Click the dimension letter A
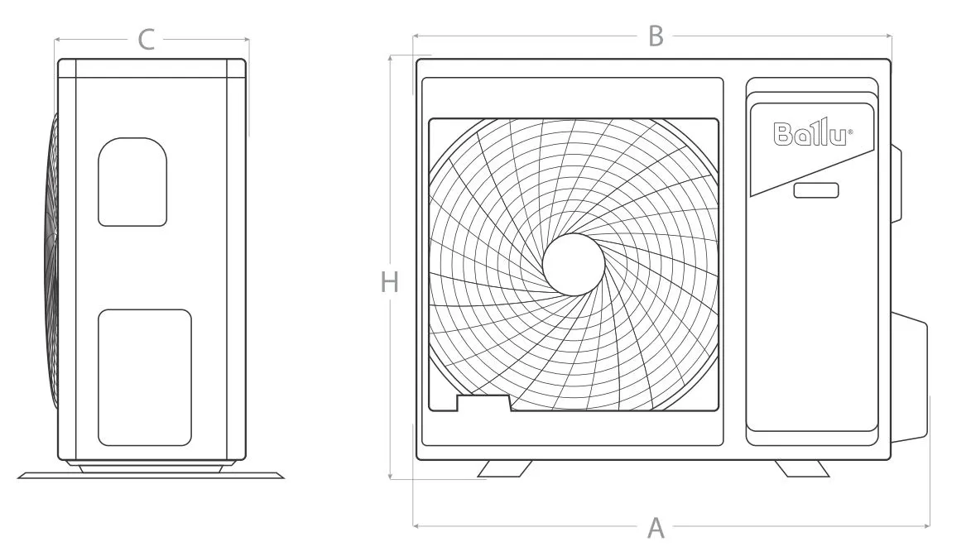click(656, 528)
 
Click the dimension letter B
click(656, 36)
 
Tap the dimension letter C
click(147, 41)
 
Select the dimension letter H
click(389, 282)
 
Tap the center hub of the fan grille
click(574, 265)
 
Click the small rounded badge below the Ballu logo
click(816, 190)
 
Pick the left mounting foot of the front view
click(505, 468)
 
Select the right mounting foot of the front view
click(802, 468)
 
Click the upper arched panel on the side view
click(132, 182)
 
